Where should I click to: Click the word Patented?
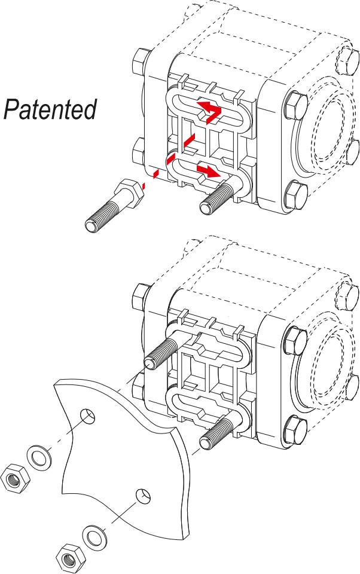(50, 110)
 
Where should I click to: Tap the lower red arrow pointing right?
(206, 171)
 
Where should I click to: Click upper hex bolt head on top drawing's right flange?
(295, 105)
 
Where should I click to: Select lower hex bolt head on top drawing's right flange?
(295, 193)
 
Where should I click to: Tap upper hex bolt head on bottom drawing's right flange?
(295, 340)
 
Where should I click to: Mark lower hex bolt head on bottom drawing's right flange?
(295, 427)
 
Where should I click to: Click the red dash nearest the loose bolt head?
(155, 173)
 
